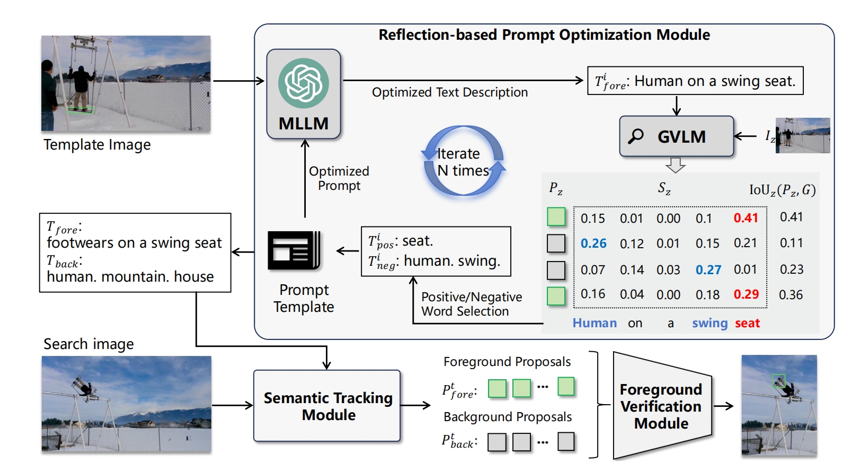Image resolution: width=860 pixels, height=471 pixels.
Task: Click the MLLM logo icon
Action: (x=304, y=83)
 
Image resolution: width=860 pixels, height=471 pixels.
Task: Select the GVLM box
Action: (x=677, y=137)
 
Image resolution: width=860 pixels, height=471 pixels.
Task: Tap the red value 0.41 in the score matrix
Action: (x=746, y=218)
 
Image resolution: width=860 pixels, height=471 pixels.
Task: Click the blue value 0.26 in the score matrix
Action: (x=593, y=243)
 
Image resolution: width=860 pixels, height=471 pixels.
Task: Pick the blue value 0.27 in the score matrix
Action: (x=708, y=270)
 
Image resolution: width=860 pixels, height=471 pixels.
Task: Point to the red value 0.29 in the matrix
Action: (x=746, y=294)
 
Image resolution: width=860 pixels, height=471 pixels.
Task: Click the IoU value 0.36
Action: (x=791, y=295)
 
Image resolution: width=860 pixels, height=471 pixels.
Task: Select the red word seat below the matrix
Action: (x=747, y=323)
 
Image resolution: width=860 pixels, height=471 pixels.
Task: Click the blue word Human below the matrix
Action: (x=595, y=323)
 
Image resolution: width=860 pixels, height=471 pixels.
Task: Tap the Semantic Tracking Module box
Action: (x=327, y=406)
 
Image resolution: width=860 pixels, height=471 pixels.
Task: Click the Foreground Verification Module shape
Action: (x=661, y=406)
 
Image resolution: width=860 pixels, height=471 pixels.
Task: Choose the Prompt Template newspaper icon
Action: (x=294, y=250)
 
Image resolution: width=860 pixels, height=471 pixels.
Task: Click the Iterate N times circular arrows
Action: (x=463, y=161)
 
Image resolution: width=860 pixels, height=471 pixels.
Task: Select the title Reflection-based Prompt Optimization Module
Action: (x=544, y=35)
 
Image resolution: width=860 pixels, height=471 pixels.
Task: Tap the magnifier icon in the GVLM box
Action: (x=636, y=136)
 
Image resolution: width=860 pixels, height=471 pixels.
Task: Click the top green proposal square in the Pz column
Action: (x=556, y=217)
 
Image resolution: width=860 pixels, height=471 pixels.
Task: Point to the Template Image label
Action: (x=97, y=145)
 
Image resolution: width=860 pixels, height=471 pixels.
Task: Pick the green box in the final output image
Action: (x=778, y=381)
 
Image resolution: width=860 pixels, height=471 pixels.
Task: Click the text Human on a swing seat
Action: (x=714, y=81)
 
